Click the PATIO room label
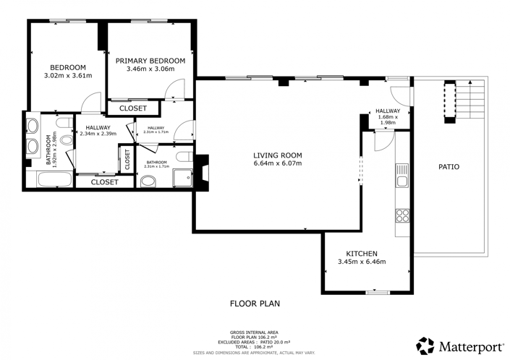click(449, 167)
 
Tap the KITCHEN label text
click(361, 253)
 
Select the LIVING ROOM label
click(277, 155)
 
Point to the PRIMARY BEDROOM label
click(150, 61)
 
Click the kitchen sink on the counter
click(401, 176)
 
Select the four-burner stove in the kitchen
click(401, 215)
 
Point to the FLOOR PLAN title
click(255, 304)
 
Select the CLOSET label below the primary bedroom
click(133, 108)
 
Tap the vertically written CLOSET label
click(127, 159)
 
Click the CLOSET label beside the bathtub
click(105, 182)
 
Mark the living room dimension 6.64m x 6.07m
click(277, 163)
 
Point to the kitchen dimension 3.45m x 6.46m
click(361, 262)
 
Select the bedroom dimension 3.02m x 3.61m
click(69, 74)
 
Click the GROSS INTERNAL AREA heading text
click(255, 332)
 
